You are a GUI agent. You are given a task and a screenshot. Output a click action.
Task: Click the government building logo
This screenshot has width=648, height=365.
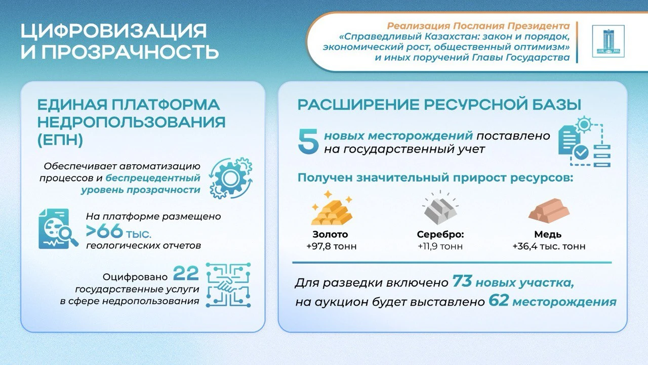click(x=608, y=41)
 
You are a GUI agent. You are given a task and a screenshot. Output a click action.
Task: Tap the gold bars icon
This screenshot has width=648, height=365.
click(x=332, y=208)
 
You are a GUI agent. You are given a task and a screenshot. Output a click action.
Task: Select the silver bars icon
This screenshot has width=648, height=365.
click(x=440, y=207)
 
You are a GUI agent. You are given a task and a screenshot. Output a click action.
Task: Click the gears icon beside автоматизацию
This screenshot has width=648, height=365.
click(x=230, y=178)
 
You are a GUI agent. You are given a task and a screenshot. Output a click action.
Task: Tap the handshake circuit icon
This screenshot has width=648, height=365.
click(x=228, y=285)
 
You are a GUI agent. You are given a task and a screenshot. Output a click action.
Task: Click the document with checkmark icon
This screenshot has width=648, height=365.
click(x=584, y=141)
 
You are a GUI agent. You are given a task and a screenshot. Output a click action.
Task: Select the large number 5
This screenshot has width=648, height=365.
click(x=308, y=141)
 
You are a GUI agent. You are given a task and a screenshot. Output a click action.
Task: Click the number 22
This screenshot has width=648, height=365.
click(x=186, y=273)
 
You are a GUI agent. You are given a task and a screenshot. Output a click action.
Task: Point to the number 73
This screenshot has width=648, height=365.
click(x=462, y=281)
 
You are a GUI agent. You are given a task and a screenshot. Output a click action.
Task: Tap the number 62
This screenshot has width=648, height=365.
click(x=499, y=301)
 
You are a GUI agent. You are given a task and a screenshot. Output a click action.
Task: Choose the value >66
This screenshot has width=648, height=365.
click(x=104, y=231)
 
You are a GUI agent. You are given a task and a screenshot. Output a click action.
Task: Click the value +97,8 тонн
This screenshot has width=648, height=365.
click(x=332, y=246)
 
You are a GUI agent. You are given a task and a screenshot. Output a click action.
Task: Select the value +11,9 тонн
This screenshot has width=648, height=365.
click(x=440, y=246)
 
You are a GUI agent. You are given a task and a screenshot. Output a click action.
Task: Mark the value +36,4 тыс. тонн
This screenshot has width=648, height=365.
click(x=549, y=246)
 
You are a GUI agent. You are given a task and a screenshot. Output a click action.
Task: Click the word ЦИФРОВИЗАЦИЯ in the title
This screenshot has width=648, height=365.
click(x=114, y=31)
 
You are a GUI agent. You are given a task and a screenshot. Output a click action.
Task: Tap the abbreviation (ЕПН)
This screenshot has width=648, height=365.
click(x=60, y=140)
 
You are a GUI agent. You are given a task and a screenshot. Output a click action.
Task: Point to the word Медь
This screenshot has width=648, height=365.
click(x=548, y=234)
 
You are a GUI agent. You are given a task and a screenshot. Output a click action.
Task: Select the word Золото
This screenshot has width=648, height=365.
click(x=330, y=234)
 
